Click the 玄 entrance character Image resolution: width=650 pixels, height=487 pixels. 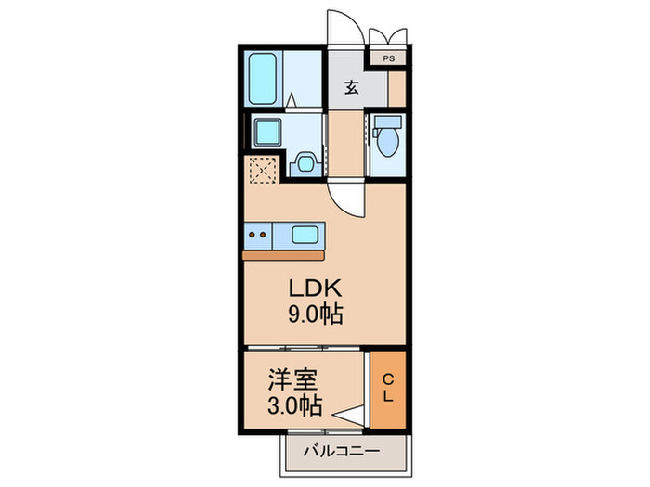tap(353, 88)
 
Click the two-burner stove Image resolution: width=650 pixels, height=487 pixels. tap(262, 235)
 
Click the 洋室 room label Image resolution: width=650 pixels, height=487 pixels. tap(292, 379)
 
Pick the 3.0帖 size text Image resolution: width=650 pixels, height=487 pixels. tap(292, 405)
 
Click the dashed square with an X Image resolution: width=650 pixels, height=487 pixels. tap(262, 170)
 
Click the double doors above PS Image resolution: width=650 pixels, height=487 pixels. tap(387, 36)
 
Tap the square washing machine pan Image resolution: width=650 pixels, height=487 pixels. tap(267, 132)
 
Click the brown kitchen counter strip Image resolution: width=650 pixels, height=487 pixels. tap(284, 253)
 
